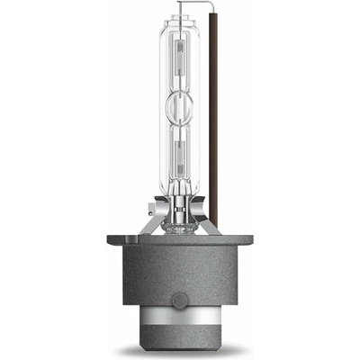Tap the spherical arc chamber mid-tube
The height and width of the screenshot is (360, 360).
coord(177,116)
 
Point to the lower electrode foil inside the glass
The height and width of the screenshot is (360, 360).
coord(177,157)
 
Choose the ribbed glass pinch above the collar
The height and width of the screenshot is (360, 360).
coord(177,193)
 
